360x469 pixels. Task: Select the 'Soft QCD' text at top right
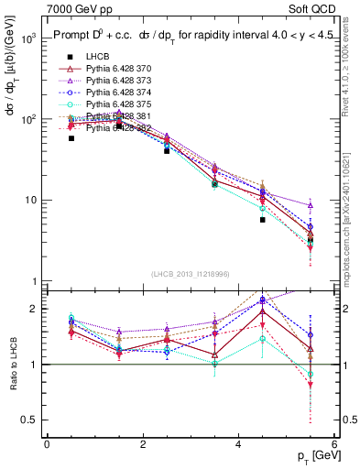[313, 9]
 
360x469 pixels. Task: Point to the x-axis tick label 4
[239, 443]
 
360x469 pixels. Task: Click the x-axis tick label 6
[335, 443]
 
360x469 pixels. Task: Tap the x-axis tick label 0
[47, 443]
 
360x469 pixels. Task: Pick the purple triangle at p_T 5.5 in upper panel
[311, 206]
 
